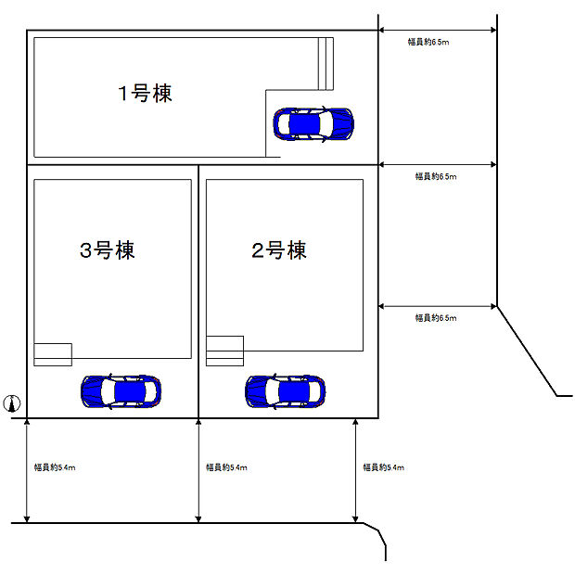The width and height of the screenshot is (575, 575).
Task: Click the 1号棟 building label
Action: click(x=145, y=93)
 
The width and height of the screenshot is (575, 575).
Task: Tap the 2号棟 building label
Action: click(x=278, y=250)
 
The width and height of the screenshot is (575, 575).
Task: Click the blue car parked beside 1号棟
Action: click(x=313, y=123)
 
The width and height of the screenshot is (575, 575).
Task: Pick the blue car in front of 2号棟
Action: click(x=285, y=391)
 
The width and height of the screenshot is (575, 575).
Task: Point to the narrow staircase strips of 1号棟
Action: click(x=325, y=63)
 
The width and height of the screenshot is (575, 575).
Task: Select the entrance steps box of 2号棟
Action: click(x=224, y=351)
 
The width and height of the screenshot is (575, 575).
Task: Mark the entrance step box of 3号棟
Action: click(x=53, y=353)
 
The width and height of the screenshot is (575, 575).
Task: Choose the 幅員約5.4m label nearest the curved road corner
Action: click(x=383, y=468)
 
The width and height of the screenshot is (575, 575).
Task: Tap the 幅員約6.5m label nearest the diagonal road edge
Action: click(x=435, y=318)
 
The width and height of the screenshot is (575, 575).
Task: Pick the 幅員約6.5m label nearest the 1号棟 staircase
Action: click(x=428, y=42)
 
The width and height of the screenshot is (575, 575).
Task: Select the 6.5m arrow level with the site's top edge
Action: click(x=437, y=31)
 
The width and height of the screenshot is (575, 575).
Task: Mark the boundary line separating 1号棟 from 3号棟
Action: click(x=111, y=165)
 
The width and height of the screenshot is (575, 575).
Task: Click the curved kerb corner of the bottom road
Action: click(x=376, y=530)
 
